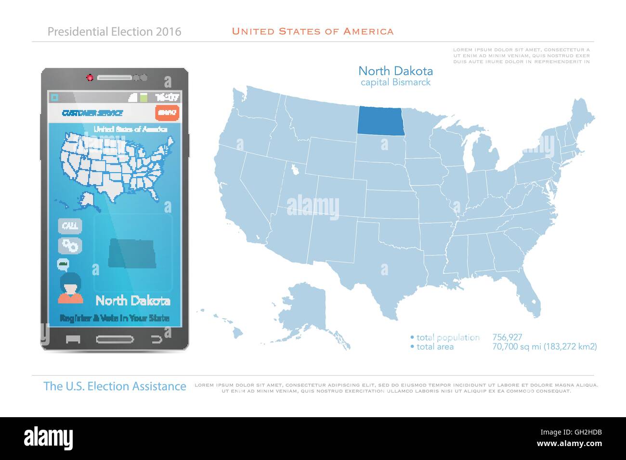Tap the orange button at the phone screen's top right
click(167, 113)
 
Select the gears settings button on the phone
click(70, 245)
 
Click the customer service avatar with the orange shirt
click(70, 289)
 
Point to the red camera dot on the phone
click(89, 77)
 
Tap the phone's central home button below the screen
click(115, 339)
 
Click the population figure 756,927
click(507, 338)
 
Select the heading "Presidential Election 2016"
click(115, 32)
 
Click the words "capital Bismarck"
click(395, 82)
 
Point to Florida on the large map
click(527, 294)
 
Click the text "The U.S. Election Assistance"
click(115, 386)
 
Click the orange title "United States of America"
click(313, 32)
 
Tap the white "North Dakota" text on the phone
click(133, 301)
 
